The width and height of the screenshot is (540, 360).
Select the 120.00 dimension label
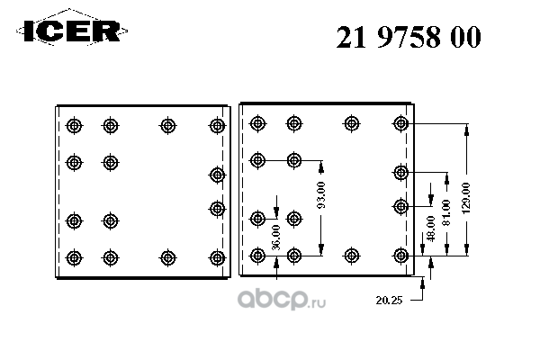coord(465,197)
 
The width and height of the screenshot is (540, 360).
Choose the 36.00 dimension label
coord(277,236)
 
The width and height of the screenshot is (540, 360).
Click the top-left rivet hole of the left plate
coord(74,125)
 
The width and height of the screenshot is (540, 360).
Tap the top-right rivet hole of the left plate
coord(216,125)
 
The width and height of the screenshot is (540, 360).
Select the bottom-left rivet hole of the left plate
coord(74,257)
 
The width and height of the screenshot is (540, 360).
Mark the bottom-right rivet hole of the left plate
coord(216,257)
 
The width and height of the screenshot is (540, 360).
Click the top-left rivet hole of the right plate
coord(258,123)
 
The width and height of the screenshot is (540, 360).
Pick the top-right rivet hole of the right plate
coord(401,123)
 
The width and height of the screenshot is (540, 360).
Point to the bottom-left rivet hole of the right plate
coord(258,256)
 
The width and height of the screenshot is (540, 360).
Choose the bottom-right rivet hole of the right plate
coord(401,256)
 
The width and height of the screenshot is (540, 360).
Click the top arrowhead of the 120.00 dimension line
coord(465,129)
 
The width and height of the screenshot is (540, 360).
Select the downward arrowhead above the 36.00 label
coord(277,210)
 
